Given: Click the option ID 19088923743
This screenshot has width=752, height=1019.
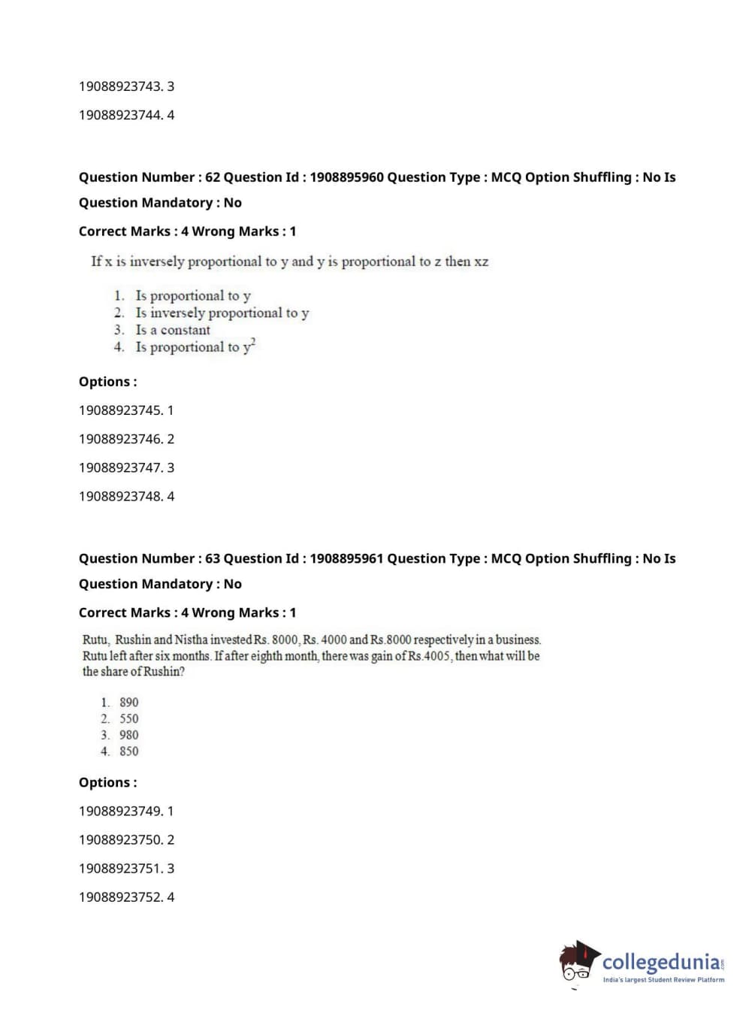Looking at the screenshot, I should point(120,86).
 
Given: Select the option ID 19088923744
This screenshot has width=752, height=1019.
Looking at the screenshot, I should point(120,115).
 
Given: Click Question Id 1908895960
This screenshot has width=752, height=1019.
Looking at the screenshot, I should point(346,177).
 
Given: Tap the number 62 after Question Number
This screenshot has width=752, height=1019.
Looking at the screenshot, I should point(213,177).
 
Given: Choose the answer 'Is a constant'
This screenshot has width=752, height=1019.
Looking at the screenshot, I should point(173,330).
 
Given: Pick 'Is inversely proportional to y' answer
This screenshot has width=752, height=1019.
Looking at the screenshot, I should point(222,313).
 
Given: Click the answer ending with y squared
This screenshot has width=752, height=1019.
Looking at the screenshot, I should point(195,347).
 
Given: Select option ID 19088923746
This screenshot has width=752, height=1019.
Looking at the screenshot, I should point(120,439).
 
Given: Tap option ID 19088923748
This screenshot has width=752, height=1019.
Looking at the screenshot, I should point(120,496).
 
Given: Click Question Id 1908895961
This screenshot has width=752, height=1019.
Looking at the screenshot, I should point(346,558).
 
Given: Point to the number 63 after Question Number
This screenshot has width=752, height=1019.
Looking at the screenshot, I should point(213,558).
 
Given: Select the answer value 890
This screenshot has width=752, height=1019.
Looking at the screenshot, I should point(129,702).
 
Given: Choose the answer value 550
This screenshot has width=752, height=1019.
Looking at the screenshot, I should point(129,718).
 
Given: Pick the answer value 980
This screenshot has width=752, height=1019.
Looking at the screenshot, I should point(129,735).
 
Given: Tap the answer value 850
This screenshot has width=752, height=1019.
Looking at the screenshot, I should point(129,751).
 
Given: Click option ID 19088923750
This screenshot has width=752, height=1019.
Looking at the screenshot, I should point(120,839).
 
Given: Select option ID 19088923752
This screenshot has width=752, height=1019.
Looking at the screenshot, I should point(120,897).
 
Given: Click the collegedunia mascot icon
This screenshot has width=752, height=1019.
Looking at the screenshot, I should point(578,962).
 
